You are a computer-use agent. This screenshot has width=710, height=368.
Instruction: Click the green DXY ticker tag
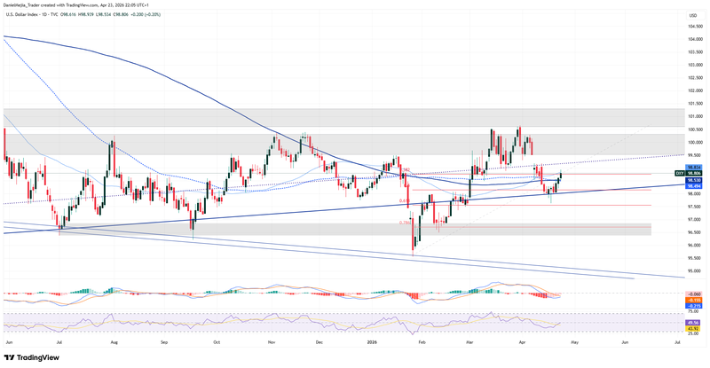pyautogui.click(x=679, y=174)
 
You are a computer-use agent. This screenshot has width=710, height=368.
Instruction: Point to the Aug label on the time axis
pyautogui.click(x=113, y=341)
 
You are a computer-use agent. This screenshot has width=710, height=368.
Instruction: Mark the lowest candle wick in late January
pyautogui.click(x=413, y=253)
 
